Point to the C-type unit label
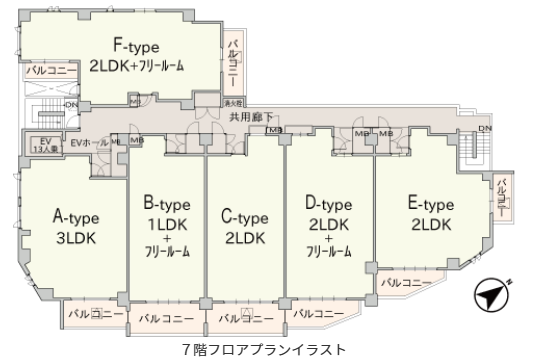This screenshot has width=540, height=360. click(244, 217)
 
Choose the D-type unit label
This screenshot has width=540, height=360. click(328, 204)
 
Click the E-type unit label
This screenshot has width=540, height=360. click(431, 204)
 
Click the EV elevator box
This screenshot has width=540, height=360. click(45, 143)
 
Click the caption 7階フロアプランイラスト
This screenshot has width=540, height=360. click(266, 350)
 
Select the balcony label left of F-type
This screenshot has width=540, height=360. click(45, 70)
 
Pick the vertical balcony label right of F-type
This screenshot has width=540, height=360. click(234, 61)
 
